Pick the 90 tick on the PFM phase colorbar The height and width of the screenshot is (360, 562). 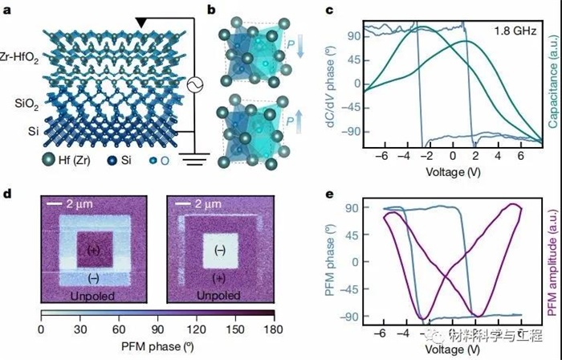click(x=157, y=329)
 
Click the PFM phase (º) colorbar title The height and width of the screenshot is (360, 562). click(x=157, y=346)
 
